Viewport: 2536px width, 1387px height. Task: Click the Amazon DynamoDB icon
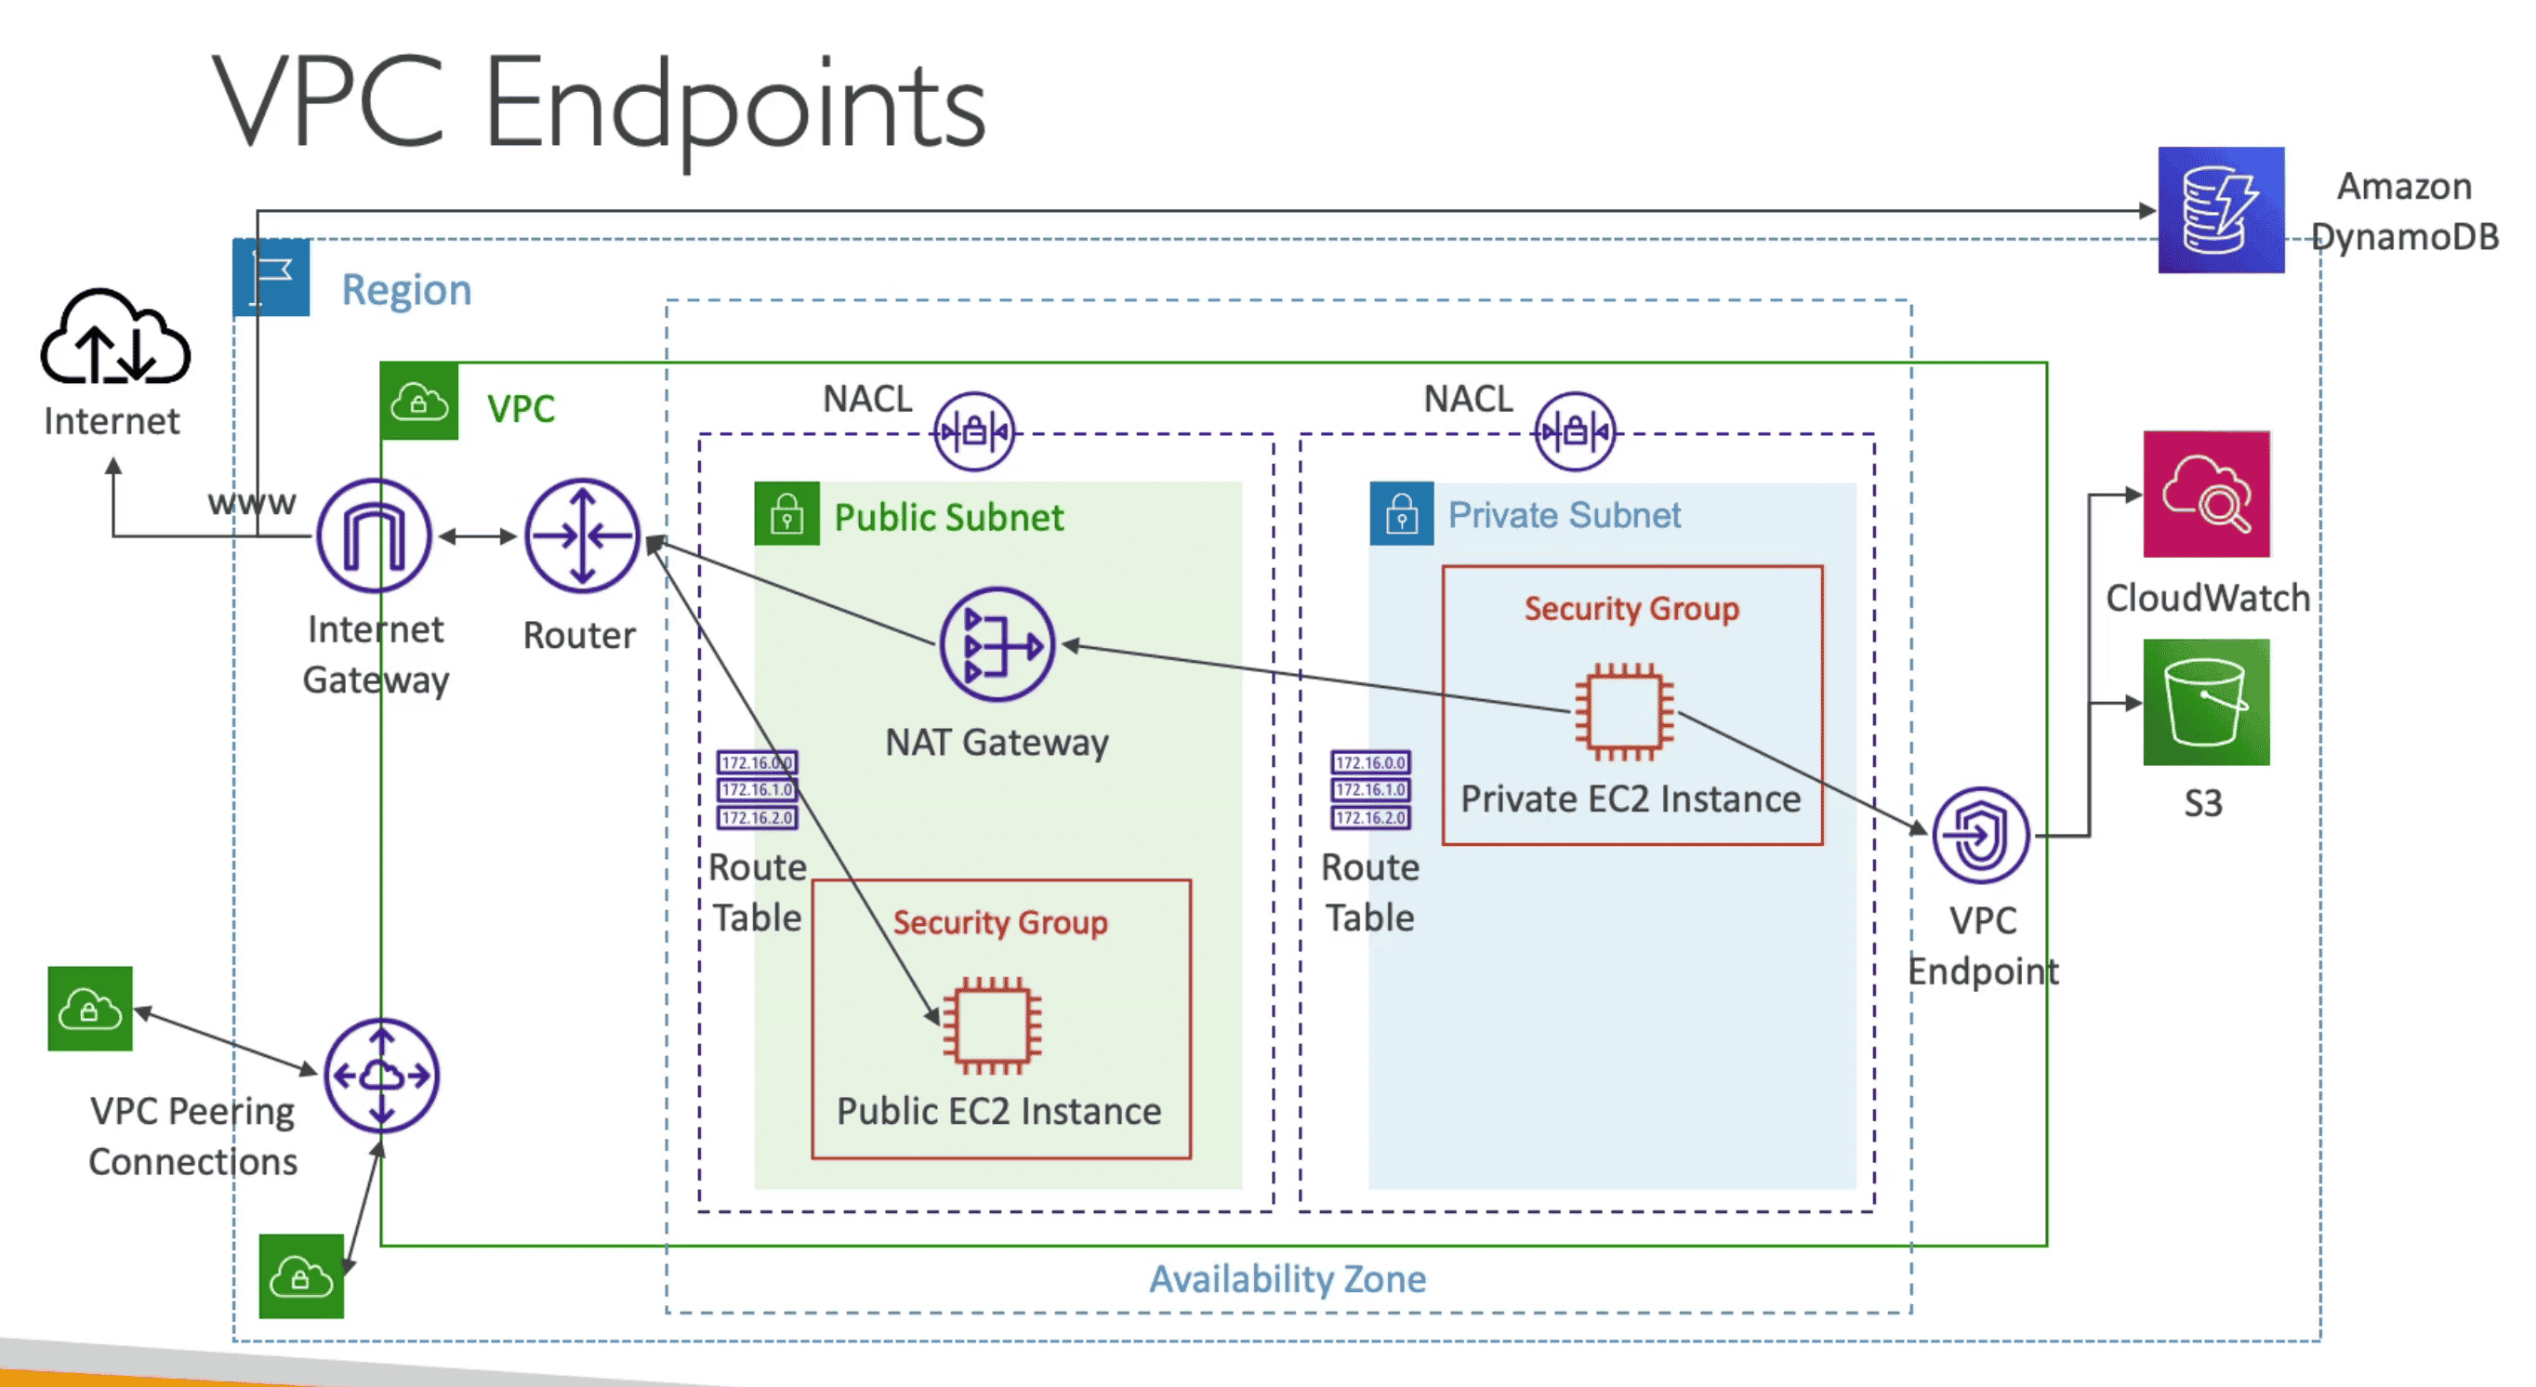[2220, 210]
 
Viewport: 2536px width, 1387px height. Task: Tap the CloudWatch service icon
[2205, 495]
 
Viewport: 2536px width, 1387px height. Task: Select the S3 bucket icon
[2205, 702]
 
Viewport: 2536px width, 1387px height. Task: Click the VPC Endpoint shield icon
[1980, 836]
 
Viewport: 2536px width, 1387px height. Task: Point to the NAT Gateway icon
[997, 645]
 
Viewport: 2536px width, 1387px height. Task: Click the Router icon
[582, 536]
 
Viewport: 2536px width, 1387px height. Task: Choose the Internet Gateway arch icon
[373, 536]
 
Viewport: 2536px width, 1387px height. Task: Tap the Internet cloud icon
[114, 337]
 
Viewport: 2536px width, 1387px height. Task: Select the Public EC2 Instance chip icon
[991, 1025]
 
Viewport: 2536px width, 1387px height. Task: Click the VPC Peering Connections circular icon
[381, 1075]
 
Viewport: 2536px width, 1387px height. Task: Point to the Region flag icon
[271, 278]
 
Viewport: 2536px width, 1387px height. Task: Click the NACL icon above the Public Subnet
[973, 431]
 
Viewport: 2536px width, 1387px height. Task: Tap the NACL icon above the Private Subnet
[1574, 431]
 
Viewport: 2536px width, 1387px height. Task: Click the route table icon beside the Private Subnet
[1369, 789]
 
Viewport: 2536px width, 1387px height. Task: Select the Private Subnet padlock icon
[1401, 514]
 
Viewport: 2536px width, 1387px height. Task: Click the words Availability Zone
[1287, 1279]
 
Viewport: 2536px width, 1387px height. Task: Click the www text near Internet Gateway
[251, 502]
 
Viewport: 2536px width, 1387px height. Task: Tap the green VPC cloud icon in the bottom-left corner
[300, 1276]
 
